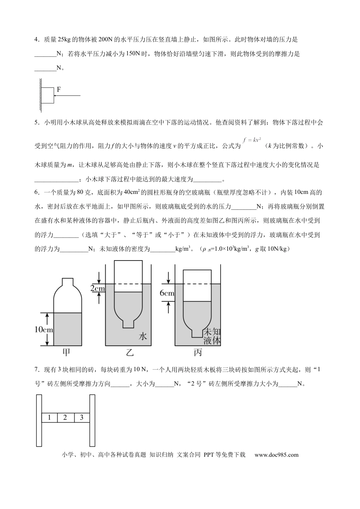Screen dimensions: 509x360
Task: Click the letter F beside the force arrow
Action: click(59, 89)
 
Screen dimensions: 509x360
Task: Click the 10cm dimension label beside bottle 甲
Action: click(44, 329)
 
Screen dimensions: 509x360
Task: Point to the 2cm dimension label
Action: click(97, 289)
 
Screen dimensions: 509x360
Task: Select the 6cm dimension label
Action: click(167, 293)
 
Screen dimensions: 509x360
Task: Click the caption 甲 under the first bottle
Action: click(66, 353)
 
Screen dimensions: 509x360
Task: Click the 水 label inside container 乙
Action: click(142, 336)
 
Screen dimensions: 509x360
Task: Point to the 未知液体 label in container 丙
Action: click(212, 336)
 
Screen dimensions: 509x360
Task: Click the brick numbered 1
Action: click(49, 418)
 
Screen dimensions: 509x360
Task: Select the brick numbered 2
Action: click(65, 418)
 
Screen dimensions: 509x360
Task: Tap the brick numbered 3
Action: click(81, 418)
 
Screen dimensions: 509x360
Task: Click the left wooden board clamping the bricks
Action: click(39, 420)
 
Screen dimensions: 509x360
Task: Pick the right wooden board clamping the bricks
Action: click(92, 420)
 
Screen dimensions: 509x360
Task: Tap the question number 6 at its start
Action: click(36, 192)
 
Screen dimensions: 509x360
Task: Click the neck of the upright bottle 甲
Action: click(67, 281)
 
